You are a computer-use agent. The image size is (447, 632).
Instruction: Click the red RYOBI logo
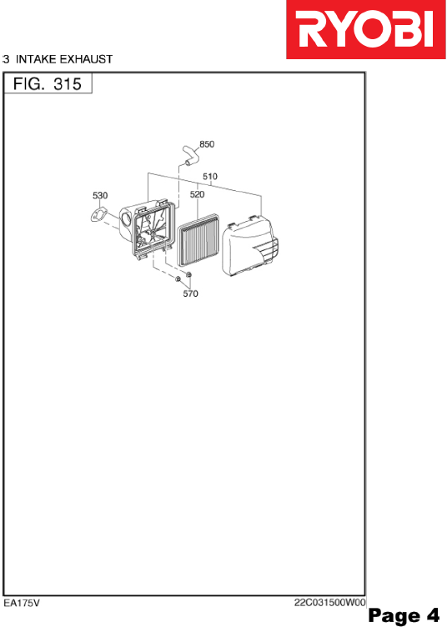point(366,29)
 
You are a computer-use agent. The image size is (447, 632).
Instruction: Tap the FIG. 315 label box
point(48,83)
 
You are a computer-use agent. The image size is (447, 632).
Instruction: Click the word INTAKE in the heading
point(36,59)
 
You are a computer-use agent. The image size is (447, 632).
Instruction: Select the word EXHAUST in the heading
point(86,59)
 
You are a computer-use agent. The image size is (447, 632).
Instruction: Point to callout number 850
point(207,144)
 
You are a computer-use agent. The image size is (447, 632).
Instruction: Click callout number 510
point(210,177)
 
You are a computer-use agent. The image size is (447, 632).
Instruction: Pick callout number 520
point(197,194)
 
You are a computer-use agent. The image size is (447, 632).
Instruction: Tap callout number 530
point(100,195)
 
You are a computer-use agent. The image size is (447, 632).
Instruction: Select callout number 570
point(190,293)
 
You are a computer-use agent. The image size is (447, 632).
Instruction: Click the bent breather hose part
point(190,155)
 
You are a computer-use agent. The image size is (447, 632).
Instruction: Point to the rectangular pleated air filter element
point(198,241)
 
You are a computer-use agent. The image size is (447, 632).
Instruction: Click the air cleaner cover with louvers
point(250,247)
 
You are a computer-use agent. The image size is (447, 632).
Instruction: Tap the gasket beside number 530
point(98,216)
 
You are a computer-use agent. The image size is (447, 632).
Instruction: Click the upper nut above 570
point(188,274)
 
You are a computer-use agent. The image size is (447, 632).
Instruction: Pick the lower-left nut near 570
point(178,278)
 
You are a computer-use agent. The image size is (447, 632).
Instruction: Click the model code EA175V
point(22,603)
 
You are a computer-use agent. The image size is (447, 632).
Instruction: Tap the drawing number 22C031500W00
point(329,603)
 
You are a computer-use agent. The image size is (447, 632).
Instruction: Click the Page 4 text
point(404,615)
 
